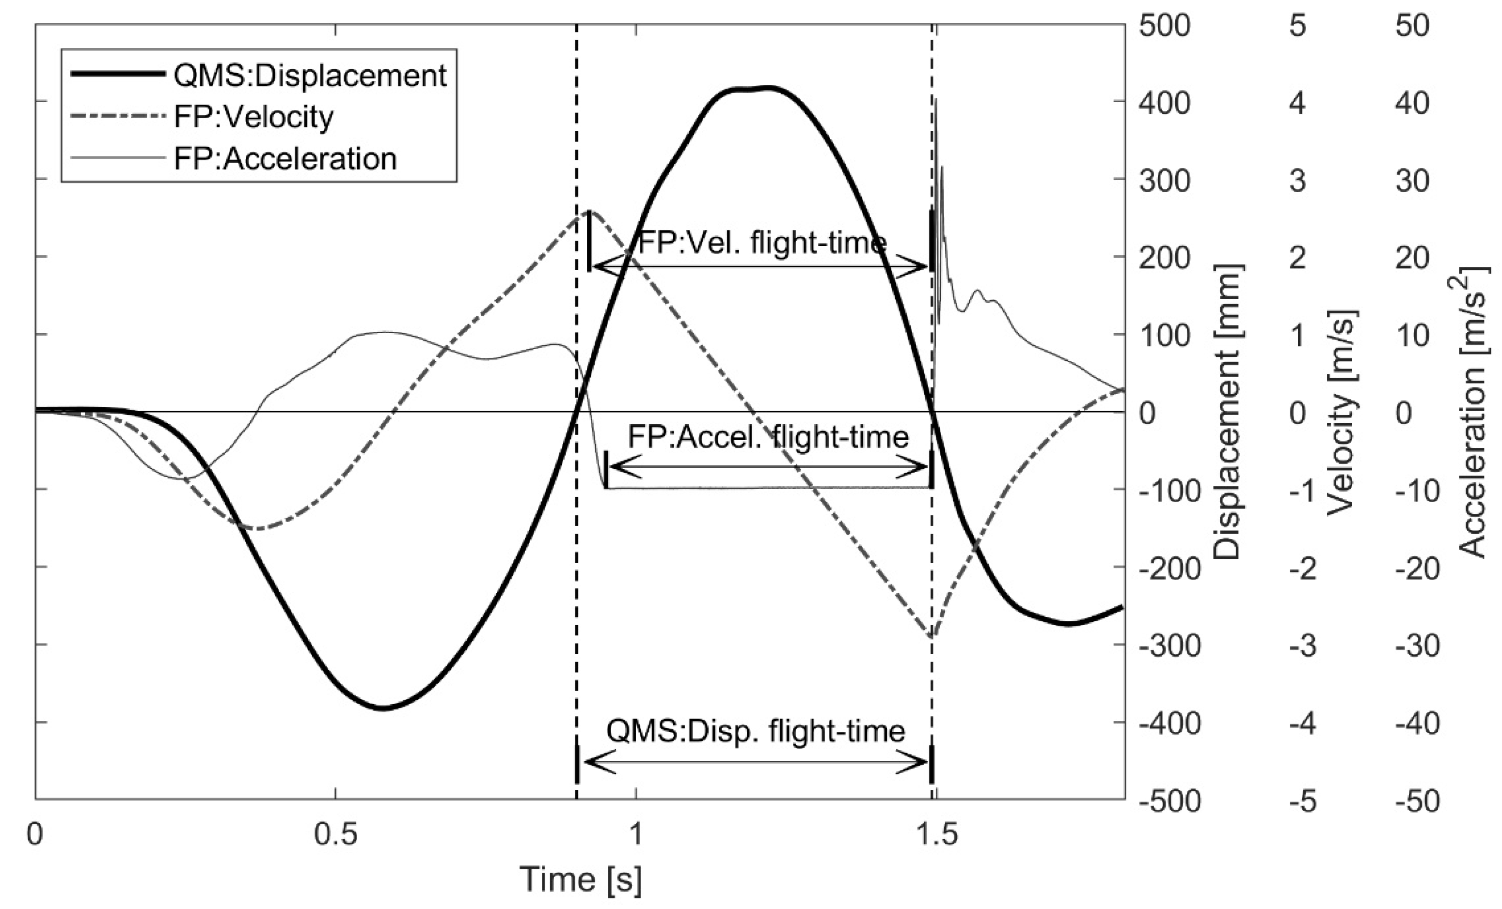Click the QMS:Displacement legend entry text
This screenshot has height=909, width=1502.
[310, 76]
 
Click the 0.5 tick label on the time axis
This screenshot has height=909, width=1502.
[335, 833]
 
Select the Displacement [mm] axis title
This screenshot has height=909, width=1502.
[1227, 412]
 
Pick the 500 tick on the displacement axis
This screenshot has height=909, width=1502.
[1164, 27]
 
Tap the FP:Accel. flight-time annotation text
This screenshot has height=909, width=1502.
[768, 437]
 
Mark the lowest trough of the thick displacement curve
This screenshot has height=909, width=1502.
[381, 708]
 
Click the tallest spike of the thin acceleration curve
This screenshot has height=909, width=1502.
[936, 99]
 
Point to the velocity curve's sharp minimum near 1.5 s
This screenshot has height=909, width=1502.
[932, 637]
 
